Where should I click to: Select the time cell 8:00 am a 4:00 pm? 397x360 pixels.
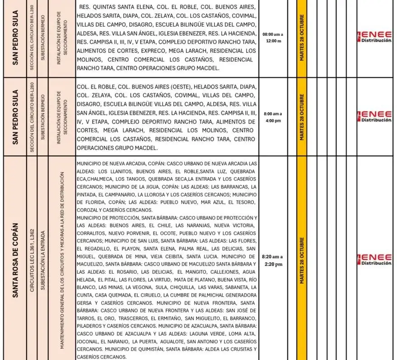[x=272, y=117]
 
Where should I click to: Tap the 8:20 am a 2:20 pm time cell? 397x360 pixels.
[x=272, y=260]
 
